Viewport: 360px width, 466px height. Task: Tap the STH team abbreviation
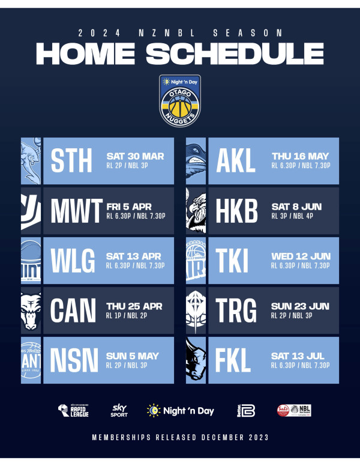(x=72, y=161)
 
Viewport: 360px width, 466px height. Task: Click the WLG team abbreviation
(x=73, y=261)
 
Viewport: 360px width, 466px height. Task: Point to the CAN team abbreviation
(x=73, y=310)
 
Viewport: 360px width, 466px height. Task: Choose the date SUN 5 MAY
(x=132, y=356)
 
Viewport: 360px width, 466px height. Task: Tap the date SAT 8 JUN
(x=296, y=206)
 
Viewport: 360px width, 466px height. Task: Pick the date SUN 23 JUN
(x=300, y=306)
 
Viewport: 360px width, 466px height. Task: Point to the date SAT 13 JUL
(x=298, y=356)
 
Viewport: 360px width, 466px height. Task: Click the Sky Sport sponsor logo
(x=119, y=411)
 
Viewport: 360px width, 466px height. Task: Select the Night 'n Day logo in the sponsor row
(x=180, y=411)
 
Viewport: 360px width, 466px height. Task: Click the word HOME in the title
(x=87, y=54)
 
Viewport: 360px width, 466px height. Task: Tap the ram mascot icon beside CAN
(x=31, y=310)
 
